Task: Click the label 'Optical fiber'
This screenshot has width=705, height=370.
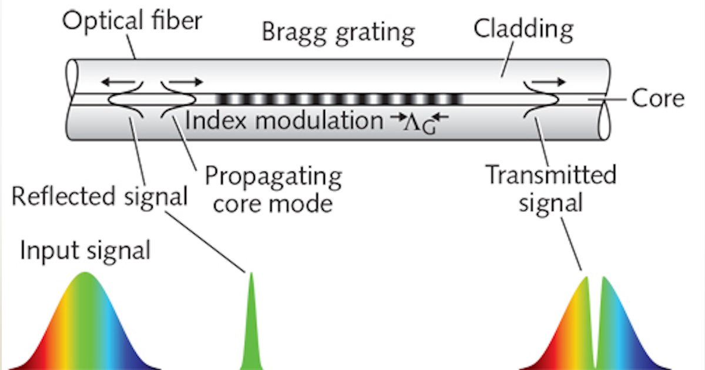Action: [132, 22]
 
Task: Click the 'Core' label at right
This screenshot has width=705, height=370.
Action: [658, 99]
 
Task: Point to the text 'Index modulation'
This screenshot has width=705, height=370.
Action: [283, 121]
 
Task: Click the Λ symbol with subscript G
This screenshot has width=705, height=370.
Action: [421, 122]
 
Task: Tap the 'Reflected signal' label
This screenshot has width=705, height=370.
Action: [99, 197]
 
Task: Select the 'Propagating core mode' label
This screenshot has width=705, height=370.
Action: [273, 190]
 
